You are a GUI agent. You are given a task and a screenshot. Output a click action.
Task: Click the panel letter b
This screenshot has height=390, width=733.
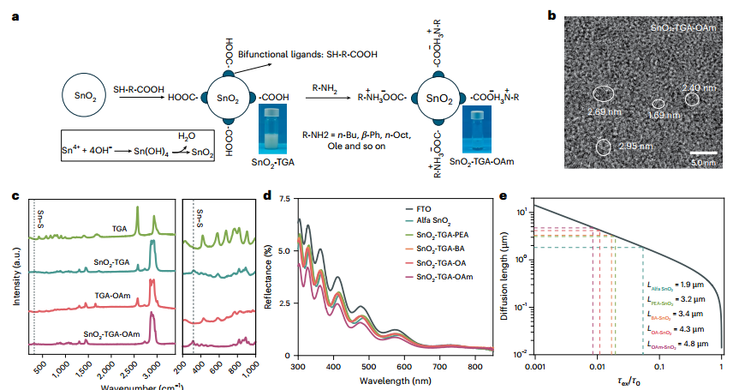(x=551, y=15)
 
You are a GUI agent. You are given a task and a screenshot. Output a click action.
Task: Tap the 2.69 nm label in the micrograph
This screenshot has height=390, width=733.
(x=605, y=111)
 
